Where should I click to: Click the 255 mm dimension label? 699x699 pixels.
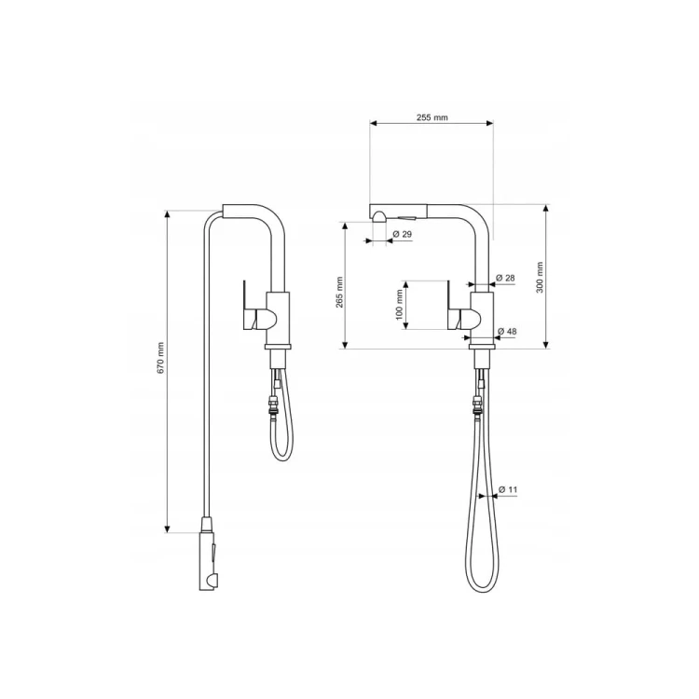(x=432, y=117)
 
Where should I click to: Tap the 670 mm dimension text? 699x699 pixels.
(x=161, y=358)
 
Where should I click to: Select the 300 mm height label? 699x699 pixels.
(x=540, y=277)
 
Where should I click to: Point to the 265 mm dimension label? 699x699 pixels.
(x=339, y=293)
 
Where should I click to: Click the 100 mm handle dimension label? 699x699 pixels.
(x=399, y=305)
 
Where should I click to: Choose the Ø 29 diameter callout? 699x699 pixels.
(x=403, y=234)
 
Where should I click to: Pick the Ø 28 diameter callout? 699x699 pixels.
(x=505, y=278)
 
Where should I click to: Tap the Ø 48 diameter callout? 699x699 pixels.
(x=507, y=331)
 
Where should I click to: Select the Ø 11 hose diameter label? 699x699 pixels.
(x=508, y=489)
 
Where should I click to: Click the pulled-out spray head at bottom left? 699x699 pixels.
(x=209, y=554)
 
